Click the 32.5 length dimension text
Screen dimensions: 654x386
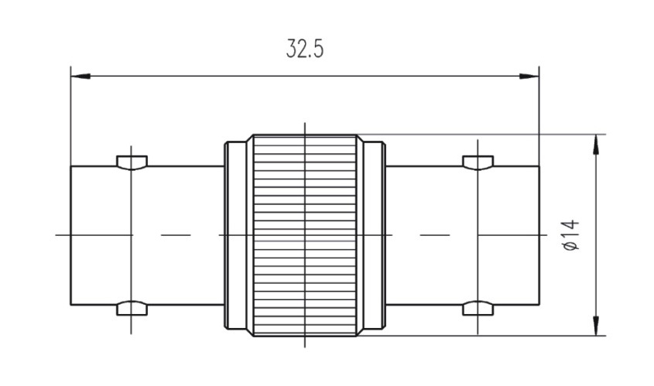(305, 49)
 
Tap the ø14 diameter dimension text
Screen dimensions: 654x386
(571, 235)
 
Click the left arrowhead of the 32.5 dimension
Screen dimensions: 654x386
(80, 77)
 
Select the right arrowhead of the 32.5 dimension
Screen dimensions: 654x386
(529, 77)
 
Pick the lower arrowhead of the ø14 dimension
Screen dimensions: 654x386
(596, 326)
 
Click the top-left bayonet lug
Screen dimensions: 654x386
(132, 162)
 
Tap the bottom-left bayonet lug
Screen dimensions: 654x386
(132, 308)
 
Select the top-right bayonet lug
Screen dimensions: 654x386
(478, 162)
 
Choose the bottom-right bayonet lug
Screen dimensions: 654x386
(478, 308)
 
